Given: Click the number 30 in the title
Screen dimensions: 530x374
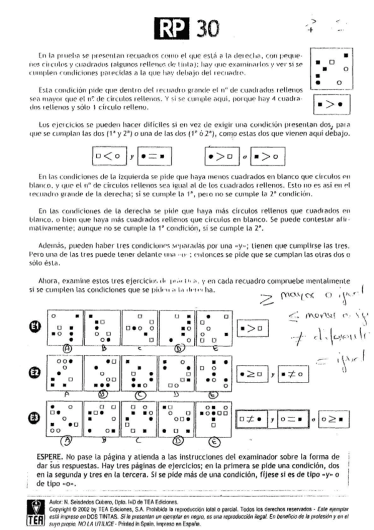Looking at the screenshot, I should click(x=202, y=27).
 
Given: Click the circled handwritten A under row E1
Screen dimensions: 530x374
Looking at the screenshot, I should click(x=64, y=347).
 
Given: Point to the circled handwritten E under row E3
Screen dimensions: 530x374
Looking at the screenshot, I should click(x=214, y=442).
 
